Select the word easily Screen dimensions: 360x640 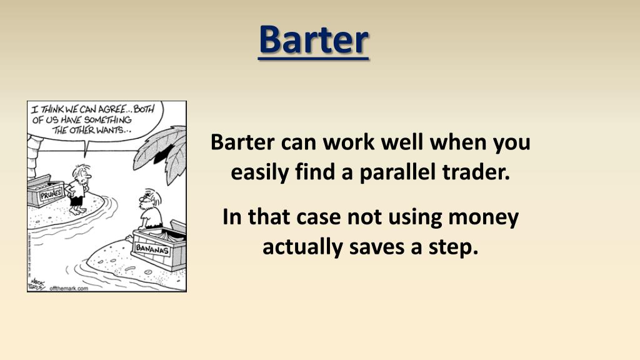click(262, 171)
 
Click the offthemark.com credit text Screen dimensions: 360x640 click(69, 288)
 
